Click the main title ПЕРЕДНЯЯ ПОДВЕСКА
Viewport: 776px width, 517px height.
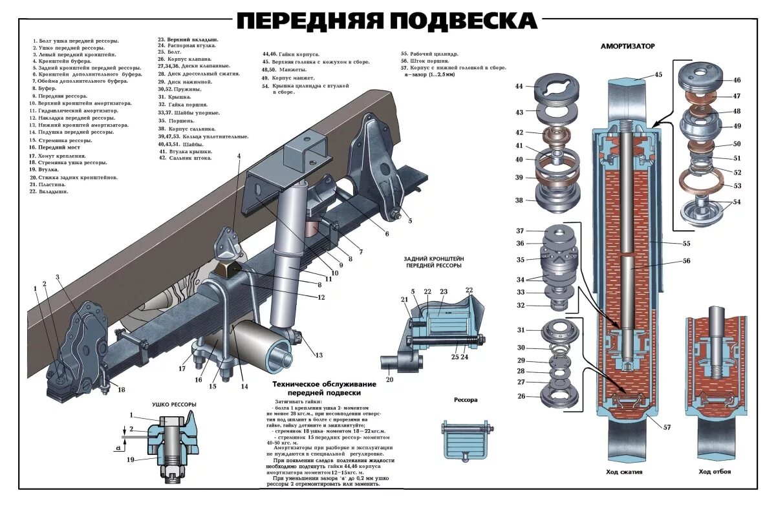tap(386, 21)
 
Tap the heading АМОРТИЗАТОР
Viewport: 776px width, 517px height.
tap(627, 47)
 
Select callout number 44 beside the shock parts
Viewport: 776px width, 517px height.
tap(519, 87)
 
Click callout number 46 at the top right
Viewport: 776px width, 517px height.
tap(737, 80)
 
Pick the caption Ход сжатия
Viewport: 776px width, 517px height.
tap(623, 472)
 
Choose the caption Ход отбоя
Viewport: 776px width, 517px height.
tap(715, 472)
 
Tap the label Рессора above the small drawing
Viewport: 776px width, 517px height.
tap(466, 400)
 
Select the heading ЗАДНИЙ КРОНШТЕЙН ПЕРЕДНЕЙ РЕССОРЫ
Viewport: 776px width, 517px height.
tap(434, 262)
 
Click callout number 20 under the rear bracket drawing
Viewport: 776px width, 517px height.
tap(389, 379)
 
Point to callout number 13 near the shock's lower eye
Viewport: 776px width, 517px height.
tap(318, 355)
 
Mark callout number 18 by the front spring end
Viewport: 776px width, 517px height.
tap(121, 389)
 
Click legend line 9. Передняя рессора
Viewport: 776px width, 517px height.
tap(59, 96)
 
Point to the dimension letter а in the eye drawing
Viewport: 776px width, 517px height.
tap(117, 447)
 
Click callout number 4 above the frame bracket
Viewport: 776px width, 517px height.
tap(239, 156)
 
